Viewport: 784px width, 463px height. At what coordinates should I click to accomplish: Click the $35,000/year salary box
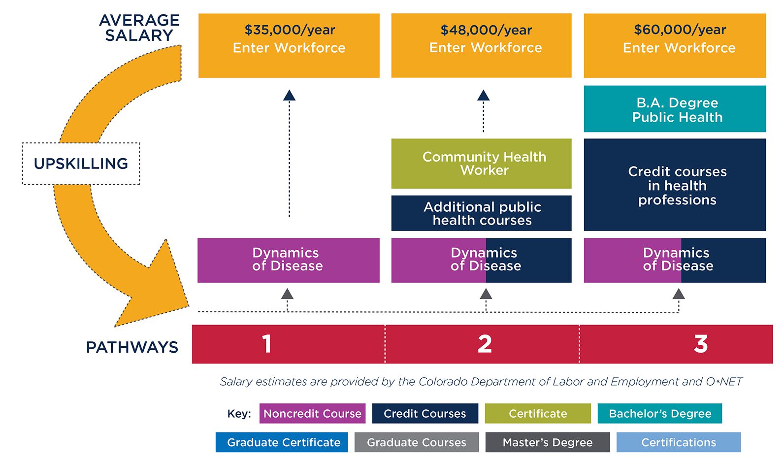pyautogui.click(x=289, y=45)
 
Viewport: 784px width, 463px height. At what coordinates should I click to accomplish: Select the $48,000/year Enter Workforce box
pyautogui.click(x=481, y=45)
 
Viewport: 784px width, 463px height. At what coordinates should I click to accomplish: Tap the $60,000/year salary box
pyautogui.click(x=675, y=45)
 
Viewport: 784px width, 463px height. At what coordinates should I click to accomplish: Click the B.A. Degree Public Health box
pyautogui.click(x=675, y=109)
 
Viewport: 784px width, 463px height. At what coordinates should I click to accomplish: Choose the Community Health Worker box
pyautogui.click(x=481, y=164)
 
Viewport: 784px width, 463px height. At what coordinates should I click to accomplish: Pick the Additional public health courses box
pyautogui.click(x=481, y=213)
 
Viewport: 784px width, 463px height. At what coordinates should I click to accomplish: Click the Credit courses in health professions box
pyautogui.click(x=675, y=185)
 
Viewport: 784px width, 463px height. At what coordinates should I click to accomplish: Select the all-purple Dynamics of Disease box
pyautogui.click(x=289, y=260)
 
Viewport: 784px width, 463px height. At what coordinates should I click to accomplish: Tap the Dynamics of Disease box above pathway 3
pyautogui.click(x=675, y=260)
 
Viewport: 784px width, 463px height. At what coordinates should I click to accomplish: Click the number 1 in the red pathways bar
pyautogui.click(x=267, y=344)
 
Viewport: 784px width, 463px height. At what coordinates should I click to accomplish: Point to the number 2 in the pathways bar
pyautogui.click(x=485, y=344)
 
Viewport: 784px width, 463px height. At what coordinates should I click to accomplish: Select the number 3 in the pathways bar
pyautogui.click(x=700, y=344)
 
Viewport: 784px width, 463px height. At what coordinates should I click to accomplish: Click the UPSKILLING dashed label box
pyautogui.click(x=81, y=164)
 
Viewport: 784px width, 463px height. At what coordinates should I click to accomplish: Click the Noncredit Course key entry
pyautogui.click(x=312, y=413)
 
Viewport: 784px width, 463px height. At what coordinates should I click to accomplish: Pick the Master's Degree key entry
pyautogui.click(x=547, y=442)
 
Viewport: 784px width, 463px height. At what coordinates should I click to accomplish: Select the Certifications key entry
pyautogui.click(x=678, y=442)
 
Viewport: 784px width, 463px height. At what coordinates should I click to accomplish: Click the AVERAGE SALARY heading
pyautogui.click(x=139, y=28)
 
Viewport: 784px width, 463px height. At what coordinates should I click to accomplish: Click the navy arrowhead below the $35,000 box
pyautogui.click(x=289, y=96)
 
